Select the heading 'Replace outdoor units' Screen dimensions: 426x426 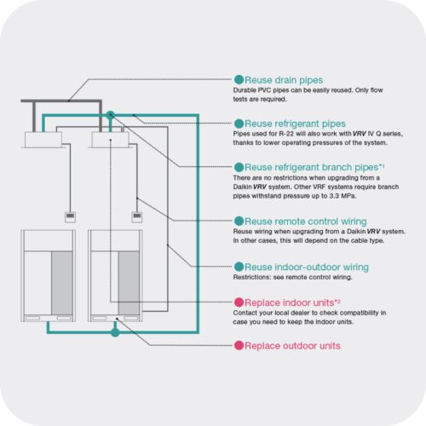292,346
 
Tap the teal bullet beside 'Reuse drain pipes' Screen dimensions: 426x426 239,79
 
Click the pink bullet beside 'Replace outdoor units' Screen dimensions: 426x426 239,346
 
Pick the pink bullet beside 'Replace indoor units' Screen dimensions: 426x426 239,302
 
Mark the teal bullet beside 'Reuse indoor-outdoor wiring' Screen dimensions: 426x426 239,267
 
